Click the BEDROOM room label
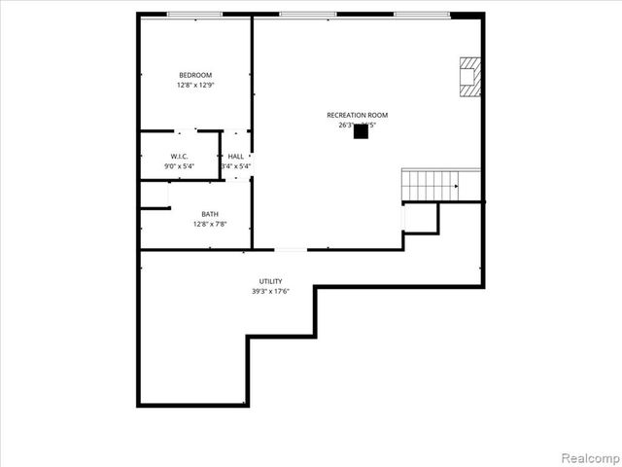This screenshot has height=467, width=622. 194,75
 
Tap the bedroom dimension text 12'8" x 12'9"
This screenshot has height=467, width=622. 194,86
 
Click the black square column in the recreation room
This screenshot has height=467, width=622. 361,131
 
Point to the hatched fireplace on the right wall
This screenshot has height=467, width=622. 469,76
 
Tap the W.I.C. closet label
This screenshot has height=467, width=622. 179,156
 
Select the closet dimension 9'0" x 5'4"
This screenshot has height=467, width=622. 179,166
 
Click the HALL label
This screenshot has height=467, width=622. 236,156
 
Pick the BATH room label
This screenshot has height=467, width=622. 210,214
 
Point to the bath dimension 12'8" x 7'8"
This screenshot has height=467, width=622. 210,225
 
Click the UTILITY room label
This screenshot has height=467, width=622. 270,281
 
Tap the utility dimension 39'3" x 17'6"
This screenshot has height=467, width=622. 270,291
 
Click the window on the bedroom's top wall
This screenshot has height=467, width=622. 194,14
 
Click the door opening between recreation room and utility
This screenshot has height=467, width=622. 291,249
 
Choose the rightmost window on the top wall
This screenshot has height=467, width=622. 421,14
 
